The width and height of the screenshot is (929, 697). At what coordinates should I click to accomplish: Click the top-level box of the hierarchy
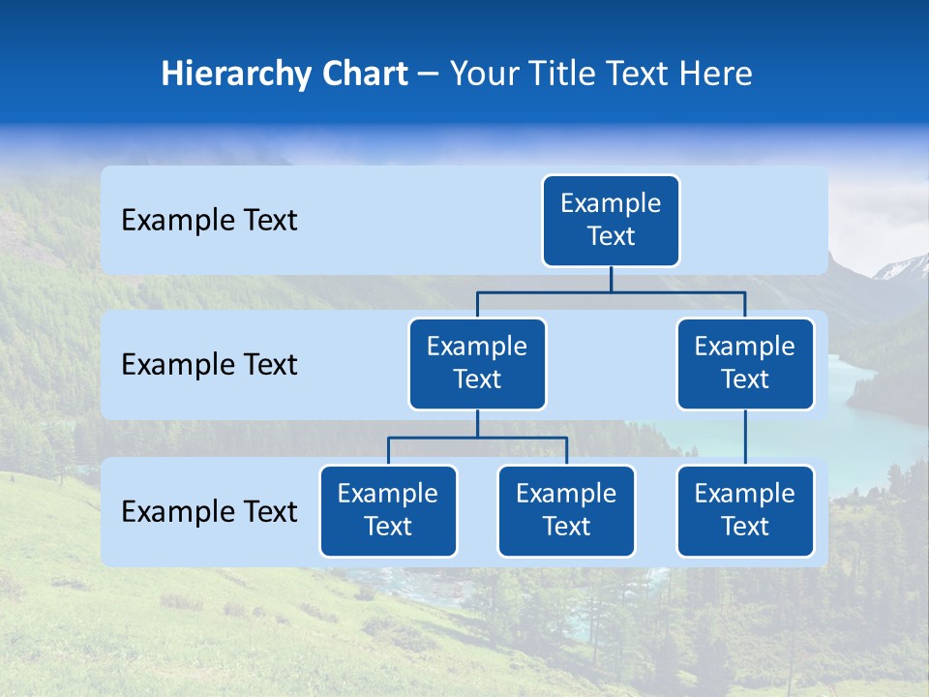[x=611, y=220]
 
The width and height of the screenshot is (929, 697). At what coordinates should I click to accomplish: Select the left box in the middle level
[x=477, y=363]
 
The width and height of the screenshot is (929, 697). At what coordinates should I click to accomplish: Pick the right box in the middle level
[x=745, y=363]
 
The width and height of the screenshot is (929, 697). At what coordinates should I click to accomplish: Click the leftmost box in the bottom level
[x=388, y=510]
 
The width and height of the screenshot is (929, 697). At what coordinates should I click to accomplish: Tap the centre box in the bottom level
[x=566, y=510]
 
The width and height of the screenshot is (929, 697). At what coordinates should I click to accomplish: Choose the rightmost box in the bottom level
[x=745, y=510]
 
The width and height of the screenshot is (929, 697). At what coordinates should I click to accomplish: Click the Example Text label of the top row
[x=209, y=220]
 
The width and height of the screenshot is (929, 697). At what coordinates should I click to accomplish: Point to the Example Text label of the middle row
[x=209, y=364]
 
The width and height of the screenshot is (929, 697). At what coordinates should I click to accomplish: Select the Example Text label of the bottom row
[x=209, y=511]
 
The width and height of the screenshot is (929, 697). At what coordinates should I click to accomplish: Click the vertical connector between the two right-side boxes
[x=745, y=438]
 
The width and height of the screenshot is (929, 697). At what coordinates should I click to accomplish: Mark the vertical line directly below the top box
[x=611, y=279]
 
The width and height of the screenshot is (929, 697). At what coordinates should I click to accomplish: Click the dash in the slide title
[x=429, y=75]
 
